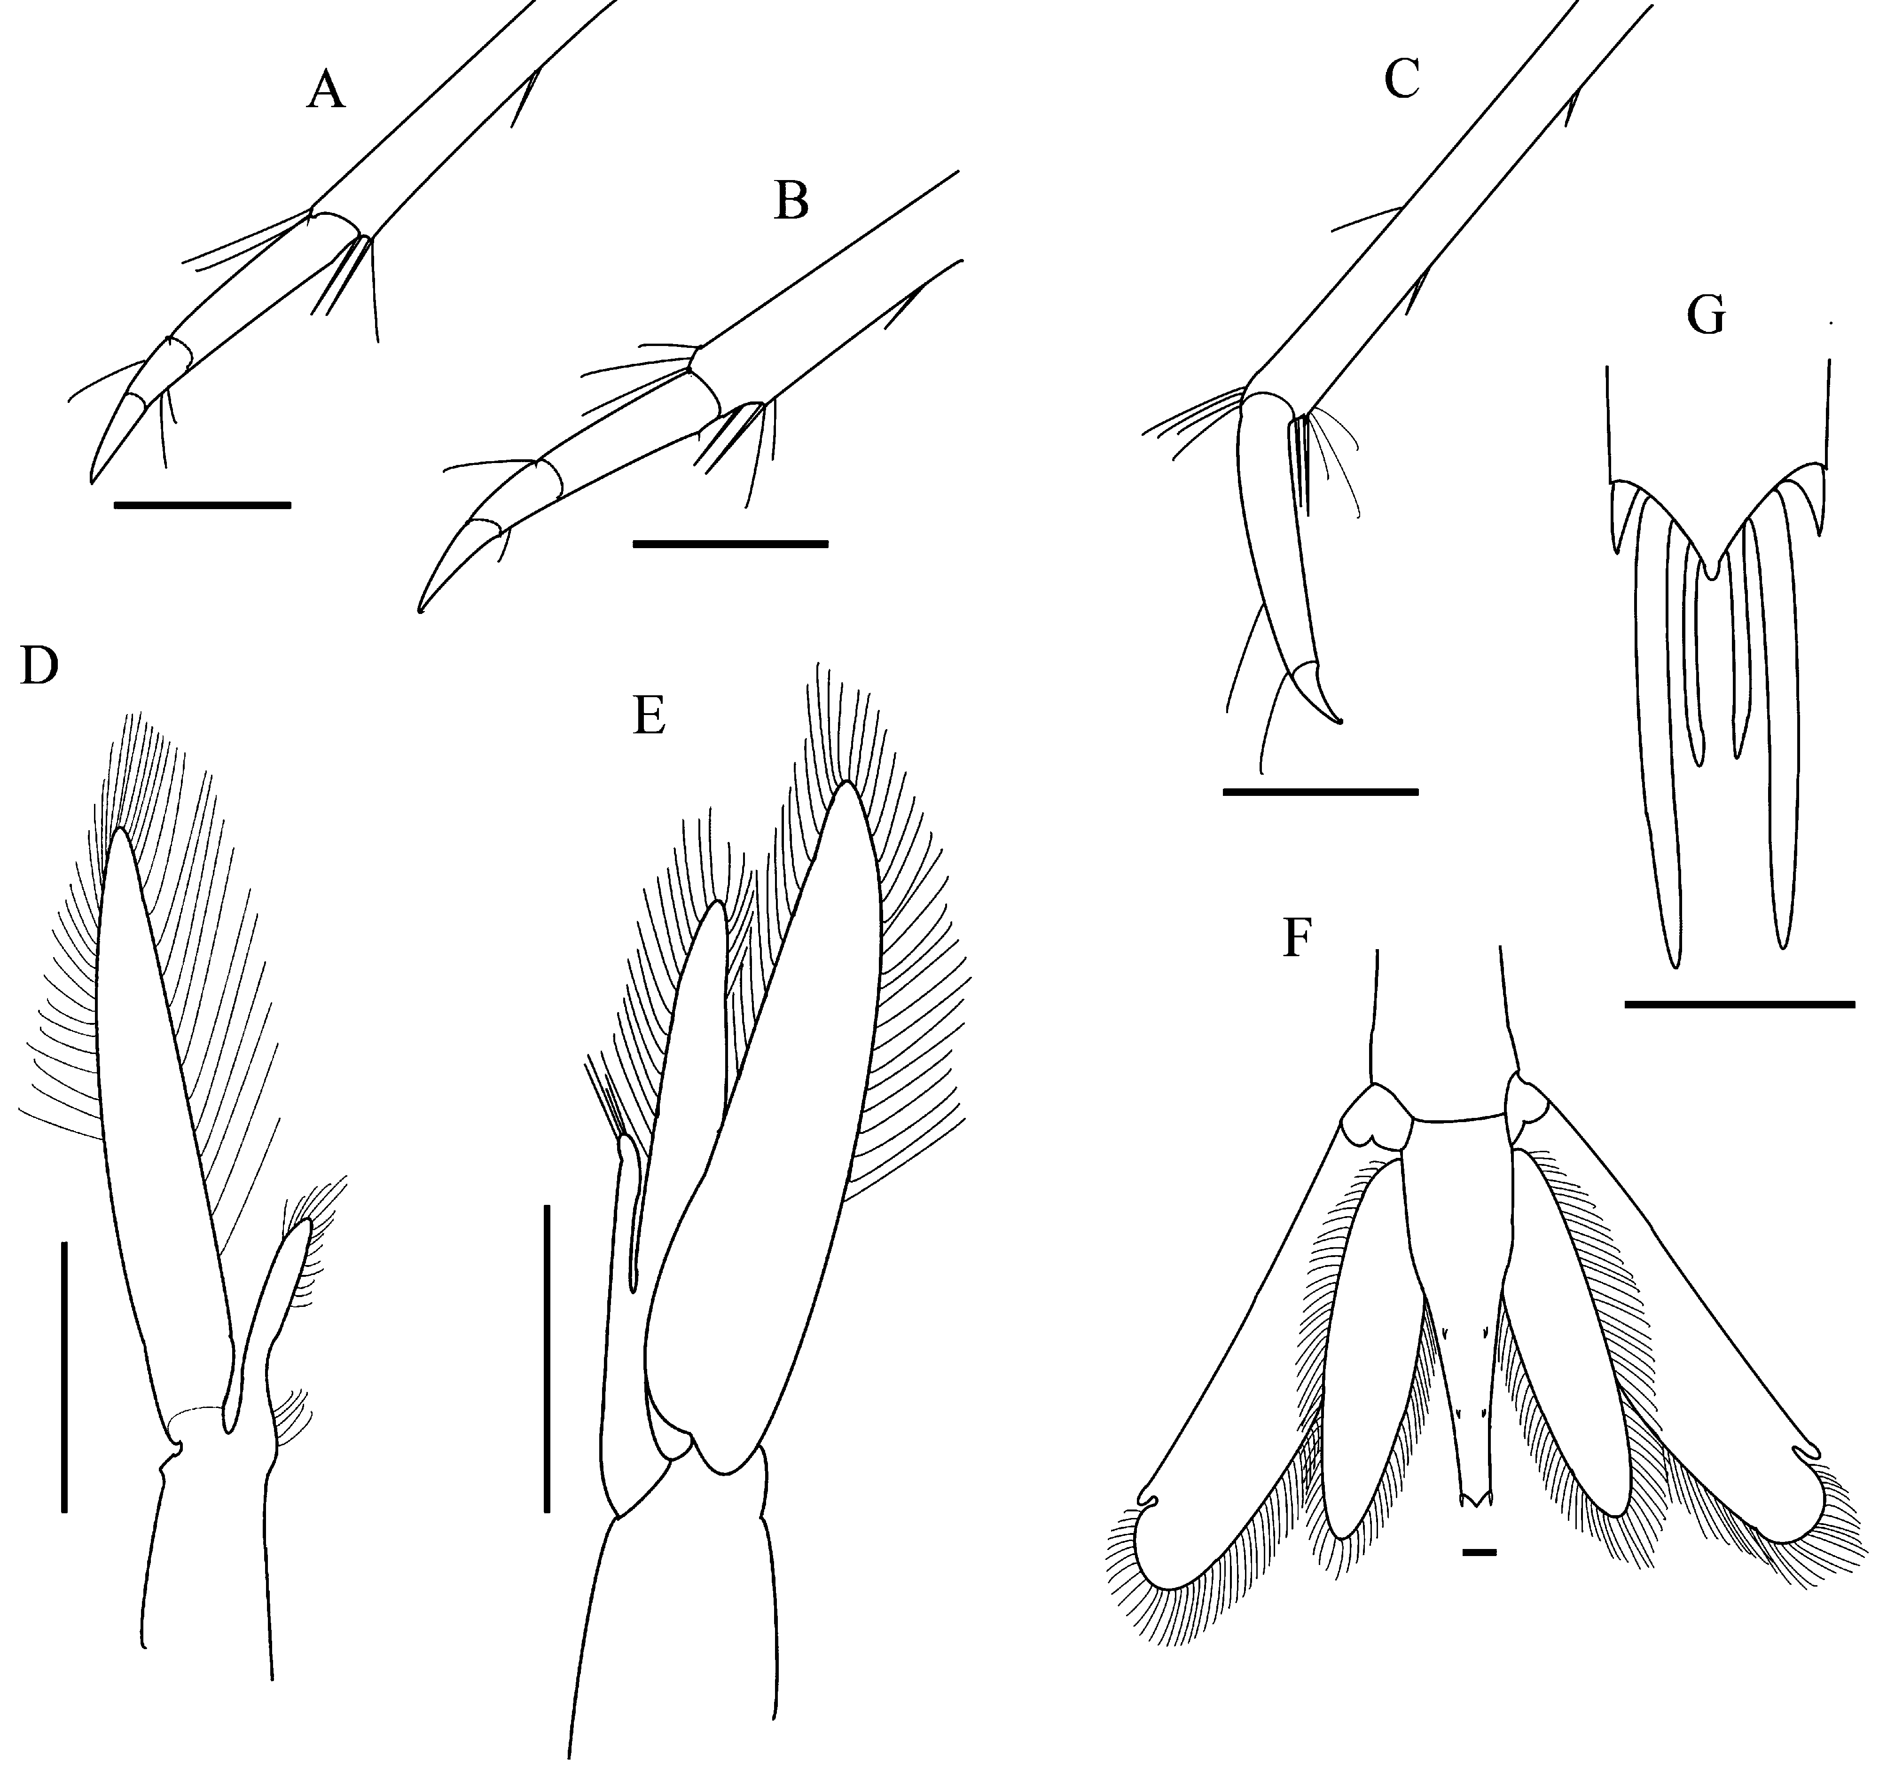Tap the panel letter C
click(x=1402, y=80)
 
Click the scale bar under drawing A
click(x=202, y=505)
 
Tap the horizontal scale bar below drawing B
click(x=730, y=544)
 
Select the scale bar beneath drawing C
click(x=1320, y=790)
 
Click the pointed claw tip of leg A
click(x=92, y=481)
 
